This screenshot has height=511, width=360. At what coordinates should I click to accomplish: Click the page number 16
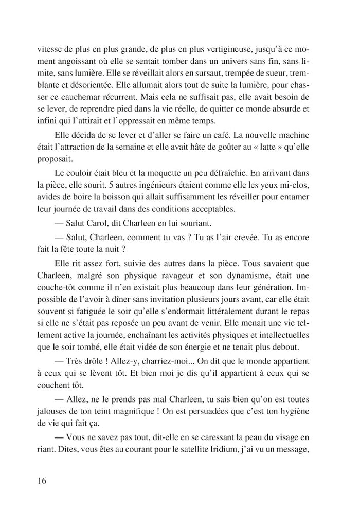click(42, 480)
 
